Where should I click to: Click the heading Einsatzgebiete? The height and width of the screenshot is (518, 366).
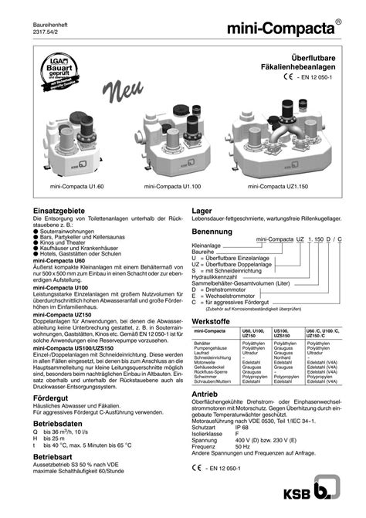tap(59, 210)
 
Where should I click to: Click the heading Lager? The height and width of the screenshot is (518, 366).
tap(202, 210)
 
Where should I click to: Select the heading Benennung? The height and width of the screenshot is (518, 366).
tap(212, 232)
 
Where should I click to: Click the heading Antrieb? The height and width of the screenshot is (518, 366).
tap(205, 393)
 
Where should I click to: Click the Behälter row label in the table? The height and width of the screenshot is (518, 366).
tap(203, 340)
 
